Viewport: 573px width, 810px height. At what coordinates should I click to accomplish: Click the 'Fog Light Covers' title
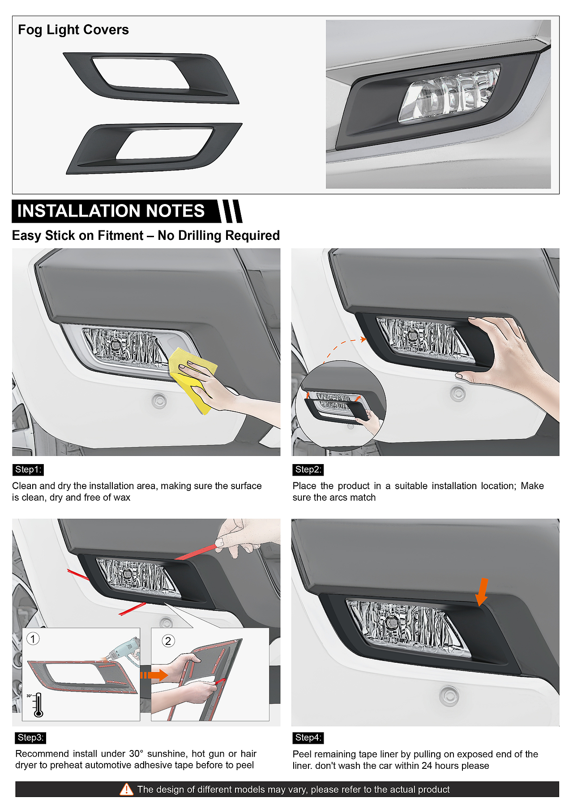(x=73, y=30)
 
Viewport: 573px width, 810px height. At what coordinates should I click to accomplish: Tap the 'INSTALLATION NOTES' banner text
(x=111, y=211)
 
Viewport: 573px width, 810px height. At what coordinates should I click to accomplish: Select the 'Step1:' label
(x=28, y=469)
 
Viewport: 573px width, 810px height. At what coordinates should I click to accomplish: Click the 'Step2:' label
(x=308, y=469)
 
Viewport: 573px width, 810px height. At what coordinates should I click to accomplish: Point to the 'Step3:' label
(x=31, y=738)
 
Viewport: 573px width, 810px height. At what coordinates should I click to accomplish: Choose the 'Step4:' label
(x=308, y=738)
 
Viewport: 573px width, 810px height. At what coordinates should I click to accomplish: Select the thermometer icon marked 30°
(x=38, y=705)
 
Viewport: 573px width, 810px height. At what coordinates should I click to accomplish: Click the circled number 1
(x=33, y=639)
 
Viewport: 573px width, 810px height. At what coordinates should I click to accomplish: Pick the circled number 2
(x=168, y=641)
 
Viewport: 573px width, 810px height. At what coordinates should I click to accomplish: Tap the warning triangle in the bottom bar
(x=127, y=789)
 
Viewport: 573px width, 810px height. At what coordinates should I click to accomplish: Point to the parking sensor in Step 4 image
(x=449, y=695)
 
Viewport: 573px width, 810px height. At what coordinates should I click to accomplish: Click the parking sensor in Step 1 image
(x=159, y=401)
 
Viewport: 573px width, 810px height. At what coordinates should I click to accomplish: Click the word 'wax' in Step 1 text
(x=121, y=498)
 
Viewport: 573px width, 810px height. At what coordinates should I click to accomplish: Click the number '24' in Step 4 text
(x=427, y=766)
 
